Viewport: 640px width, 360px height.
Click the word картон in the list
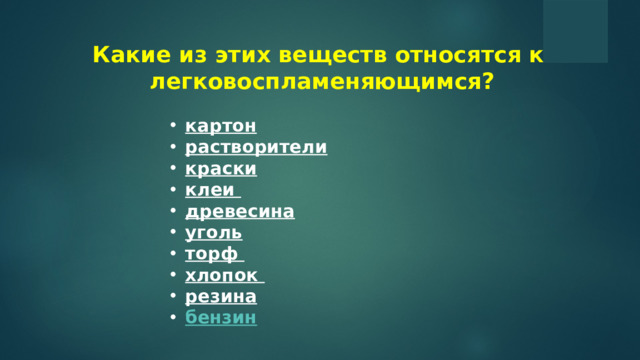(221, 127)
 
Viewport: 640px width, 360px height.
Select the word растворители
(256, 148)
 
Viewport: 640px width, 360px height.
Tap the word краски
(221, 169)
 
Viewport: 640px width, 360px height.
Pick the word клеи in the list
(210, 190)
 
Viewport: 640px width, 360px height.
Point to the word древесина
(240, 212)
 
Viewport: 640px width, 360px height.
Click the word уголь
(214, 233)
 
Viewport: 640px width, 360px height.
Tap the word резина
(221, 297)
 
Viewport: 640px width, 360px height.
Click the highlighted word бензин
(221, 318)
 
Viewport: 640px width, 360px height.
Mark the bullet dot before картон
(173, 127)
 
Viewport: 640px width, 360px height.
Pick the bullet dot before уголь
(173, 233)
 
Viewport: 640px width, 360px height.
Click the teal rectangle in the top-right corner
(575, 31)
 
